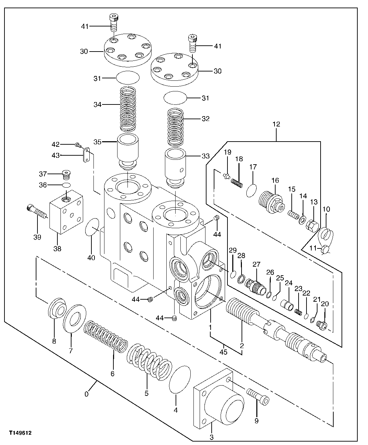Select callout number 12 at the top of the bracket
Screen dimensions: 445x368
276,124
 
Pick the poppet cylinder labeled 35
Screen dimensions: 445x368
128,151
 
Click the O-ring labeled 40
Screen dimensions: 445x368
92,227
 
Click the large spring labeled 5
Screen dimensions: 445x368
149,360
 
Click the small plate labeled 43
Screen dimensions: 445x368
86,156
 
